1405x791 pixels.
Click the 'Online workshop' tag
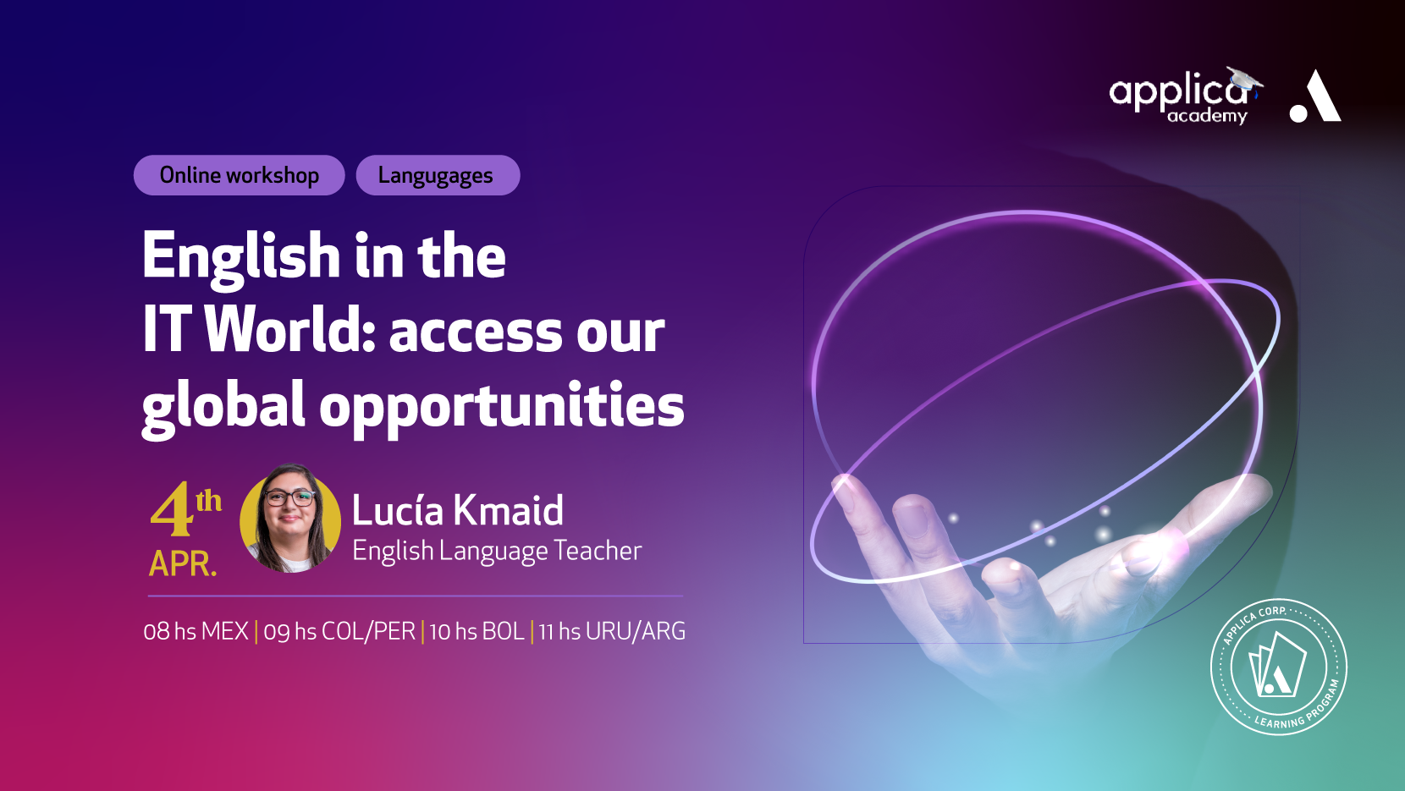[x=239, y=175]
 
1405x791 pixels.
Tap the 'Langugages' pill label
[x=438, y=175]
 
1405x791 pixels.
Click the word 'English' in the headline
[x=241, y=258]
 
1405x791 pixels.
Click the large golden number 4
[x=171, y=509]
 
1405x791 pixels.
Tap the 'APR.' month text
[x=183, y=564]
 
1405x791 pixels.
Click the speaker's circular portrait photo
[x=290, y=519]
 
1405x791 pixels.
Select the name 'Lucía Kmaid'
[x=457, y=510]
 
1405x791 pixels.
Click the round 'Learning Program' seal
[x=1278, y=667]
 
